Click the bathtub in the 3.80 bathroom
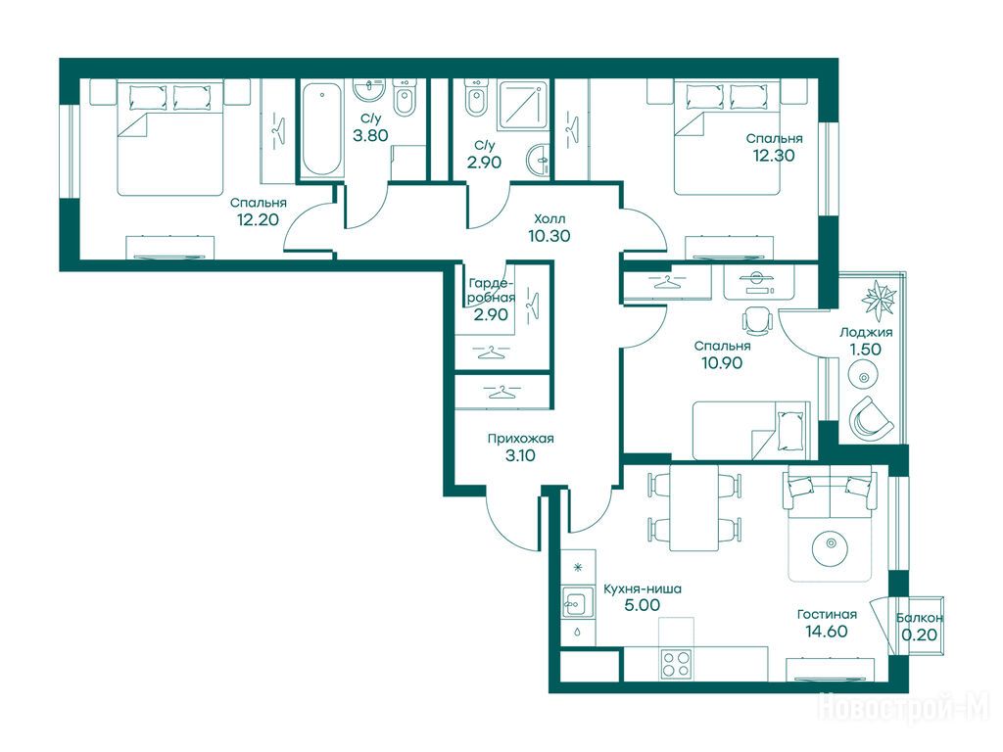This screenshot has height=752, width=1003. (320, 130)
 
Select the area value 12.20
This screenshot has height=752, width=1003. (258, 220)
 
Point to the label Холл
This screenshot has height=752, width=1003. (549, 218)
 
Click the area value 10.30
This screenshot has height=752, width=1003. (549, 236)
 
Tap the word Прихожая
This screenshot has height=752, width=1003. (521, 439)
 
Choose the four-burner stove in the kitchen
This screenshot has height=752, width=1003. (676, 663)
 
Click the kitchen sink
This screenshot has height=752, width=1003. (574, 602)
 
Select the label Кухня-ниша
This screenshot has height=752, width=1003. (643, 588)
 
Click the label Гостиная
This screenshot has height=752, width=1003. (827, 615)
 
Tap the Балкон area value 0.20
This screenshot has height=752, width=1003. (919, 634)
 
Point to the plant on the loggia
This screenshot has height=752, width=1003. (879, 299)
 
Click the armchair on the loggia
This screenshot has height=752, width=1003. (870, 418)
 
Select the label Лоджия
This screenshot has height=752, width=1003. (866, 333)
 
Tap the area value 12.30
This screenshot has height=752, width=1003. (774, 156)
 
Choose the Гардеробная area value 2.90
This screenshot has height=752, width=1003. (491, 314)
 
